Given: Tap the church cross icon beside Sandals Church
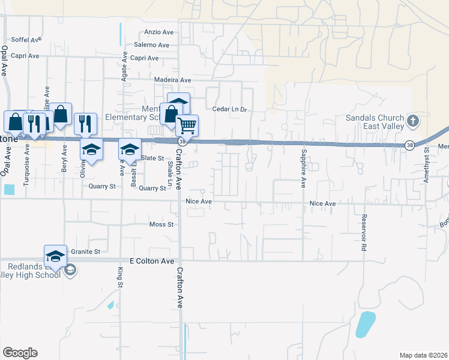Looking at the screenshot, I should pyautogui.click(x=412, y=121).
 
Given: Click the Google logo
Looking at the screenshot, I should pyautogui.click(x=20, y=353).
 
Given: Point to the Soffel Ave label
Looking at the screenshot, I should pyautogui.click(x=26, y=39).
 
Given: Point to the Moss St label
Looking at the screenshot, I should pyautogui.click(x=161, y=224).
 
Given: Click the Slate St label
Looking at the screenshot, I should pyautogui.click(x=152, y=158).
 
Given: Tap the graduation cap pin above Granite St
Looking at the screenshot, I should pyautogui.click(x=55, y=256).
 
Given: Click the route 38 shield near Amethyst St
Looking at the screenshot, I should pyautogui.click(x=409, y=145).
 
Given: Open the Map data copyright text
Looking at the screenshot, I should pyautogui.click(x=423, y=355).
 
